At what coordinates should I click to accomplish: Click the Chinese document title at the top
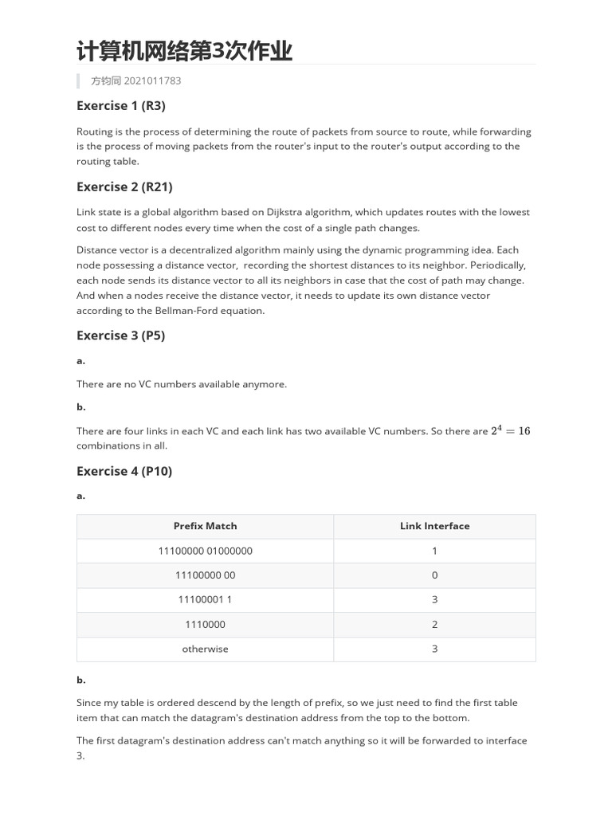(x=184, y=52)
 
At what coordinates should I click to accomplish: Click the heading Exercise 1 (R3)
(x=120, y=105)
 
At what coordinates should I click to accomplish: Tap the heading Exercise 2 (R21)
(x=124, y=186)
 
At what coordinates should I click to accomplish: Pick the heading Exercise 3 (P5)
(x=120, y=335)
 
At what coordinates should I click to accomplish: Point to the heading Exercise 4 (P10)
(x=124, y=470)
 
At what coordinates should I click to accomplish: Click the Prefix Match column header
(x=205, y=526)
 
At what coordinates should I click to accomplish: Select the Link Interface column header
(x=434, y=526)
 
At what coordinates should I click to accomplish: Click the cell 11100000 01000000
(x=205, y=551)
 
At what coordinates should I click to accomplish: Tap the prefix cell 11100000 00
(x=205, y=575)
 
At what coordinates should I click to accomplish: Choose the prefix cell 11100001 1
(x=205, y=599)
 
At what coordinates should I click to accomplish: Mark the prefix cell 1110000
(x=205, y=625)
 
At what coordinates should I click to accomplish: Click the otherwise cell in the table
(x=205, y=649)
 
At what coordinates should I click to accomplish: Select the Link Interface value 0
(x=434, y=575)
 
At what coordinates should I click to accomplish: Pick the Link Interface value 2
(x=434, y=625)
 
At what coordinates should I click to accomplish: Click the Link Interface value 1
(x=434, y=551)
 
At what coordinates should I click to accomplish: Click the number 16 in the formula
(x=524, y=431)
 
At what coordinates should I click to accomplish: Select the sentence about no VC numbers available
(x=181, y=384)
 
